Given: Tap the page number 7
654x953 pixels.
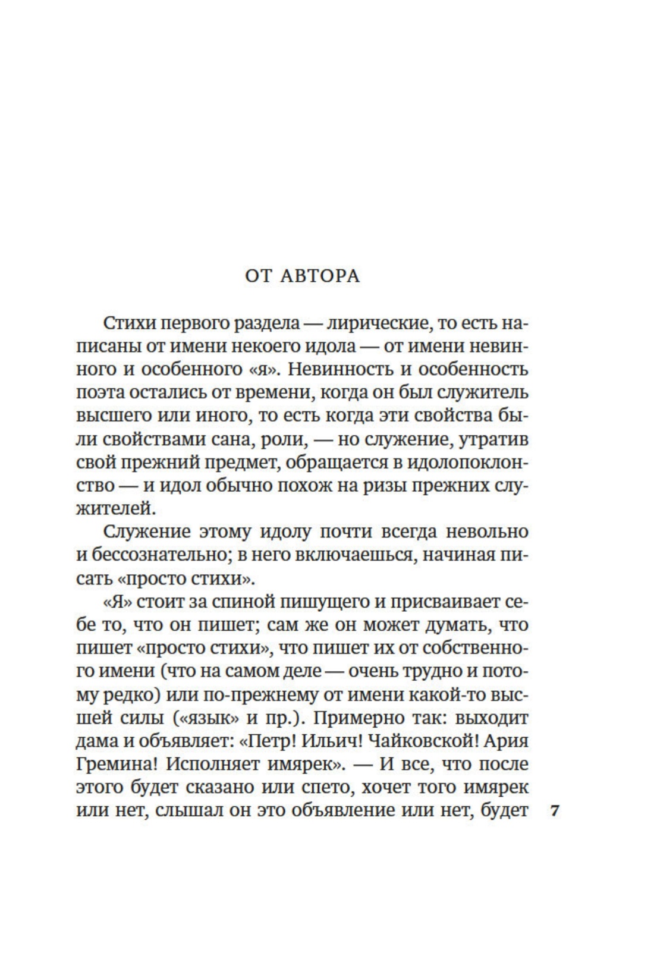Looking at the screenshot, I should point(555,811).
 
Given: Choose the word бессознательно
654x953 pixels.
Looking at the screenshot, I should point(155,555).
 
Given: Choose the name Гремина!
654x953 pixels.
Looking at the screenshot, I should point(116,764).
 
